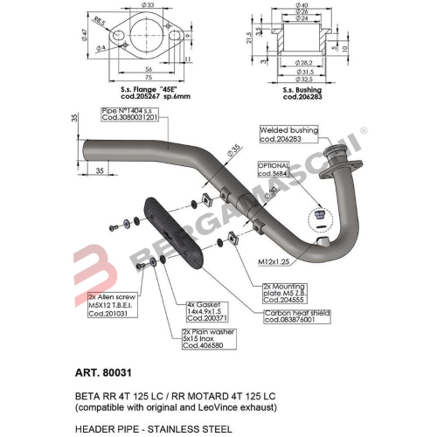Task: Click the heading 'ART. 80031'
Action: [93, 371]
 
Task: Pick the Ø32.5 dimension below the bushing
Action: [302, 79]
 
